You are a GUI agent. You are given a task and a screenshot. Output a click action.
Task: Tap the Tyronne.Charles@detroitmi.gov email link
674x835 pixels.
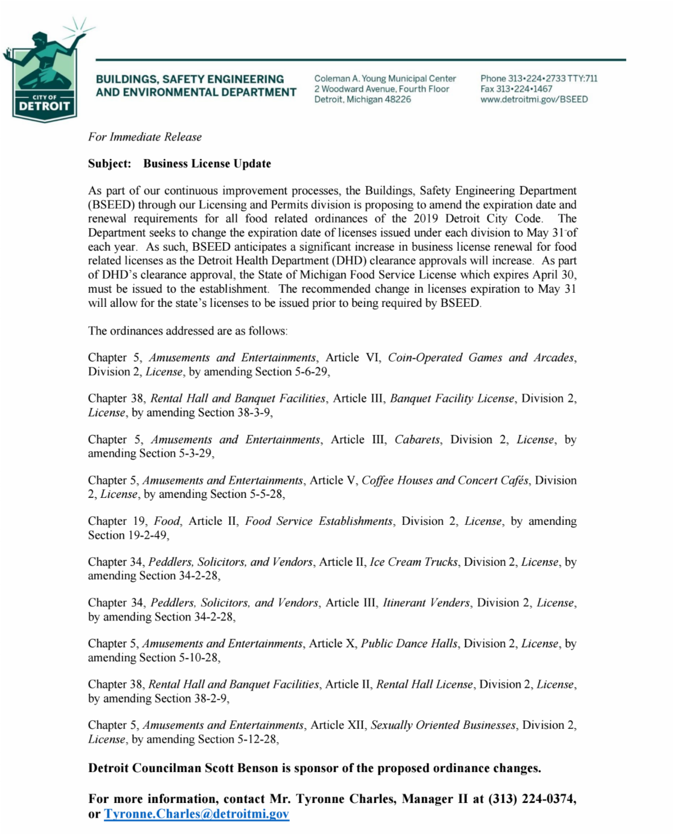tap(197, 814)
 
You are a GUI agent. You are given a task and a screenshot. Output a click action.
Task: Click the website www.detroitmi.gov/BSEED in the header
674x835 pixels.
tap(534, 99)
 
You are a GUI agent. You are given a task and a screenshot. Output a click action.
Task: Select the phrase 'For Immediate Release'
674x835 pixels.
tap(145, 137)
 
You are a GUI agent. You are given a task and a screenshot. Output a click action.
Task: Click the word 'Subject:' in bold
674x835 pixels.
tap(110, 164)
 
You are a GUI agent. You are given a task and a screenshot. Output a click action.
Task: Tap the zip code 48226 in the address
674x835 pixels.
tap(398, 99)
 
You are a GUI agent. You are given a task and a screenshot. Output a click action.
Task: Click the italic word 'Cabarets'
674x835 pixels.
tap(417, 440)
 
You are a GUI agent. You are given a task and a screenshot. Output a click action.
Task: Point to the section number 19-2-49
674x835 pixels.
tap(147, 536)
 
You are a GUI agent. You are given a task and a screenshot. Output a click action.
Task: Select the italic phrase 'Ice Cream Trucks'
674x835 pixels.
tap(413, 562)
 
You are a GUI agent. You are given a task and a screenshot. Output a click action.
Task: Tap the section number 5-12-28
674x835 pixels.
tap(257, 739)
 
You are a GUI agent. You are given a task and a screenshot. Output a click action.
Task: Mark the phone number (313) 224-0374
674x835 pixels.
tap(531, 799)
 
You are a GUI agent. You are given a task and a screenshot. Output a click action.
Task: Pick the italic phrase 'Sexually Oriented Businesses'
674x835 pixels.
tap(443, 725)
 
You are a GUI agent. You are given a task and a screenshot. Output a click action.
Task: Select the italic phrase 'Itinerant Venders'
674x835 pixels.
tap(426, 603)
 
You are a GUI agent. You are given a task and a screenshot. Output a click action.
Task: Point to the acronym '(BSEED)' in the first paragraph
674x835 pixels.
tap(111, 205)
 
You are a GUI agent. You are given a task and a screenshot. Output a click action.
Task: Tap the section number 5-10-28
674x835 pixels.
tap(198, 658)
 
